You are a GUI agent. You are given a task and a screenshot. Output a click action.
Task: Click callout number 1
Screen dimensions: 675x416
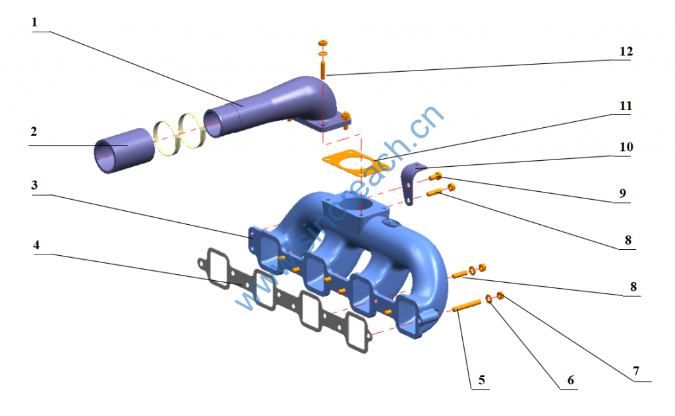(34, 22)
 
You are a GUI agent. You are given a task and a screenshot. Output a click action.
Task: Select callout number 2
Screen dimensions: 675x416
(34, 132)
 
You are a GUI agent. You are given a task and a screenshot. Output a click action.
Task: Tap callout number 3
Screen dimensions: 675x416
(34, 186)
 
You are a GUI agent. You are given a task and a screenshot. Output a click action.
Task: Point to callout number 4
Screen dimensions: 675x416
(36, 245)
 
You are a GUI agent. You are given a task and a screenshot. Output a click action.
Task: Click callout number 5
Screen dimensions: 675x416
(482, 380)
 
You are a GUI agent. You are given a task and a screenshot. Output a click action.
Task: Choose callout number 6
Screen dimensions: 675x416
(571, 380)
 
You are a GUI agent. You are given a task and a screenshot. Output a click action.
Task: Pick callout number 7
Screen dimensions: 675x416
(636, 371)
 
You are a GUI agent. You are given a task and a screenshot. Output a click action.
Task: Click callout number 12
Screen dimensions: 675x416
(626, 51)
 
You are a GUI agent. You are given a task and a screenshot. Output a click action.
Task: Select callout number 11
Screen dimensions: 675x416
(626, 106)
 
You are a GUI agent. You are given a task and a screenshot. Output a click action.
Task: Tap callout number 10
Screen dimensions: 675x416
(626, 147)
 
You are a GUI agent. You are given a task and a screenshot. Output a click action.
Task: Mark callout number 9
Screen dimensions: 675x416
(623, 193)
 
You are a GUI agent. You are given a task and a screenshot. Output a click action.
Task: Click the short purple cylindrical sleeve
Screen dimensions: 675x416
(124, 150)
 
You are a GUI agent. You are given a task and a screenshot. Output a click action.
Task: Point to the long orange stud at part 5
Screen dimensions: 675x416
(467, 305)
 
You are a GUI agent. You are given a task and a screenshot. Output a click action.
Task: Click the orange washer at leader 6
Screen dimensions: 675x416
(489, 299)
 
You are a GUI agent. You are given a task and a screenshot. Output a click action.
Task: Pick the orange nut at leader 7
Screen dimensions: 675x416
(500, 295)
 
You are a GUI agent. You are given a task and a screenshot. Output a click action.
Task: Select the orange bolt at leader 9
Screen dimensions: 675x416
(436, 176)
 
